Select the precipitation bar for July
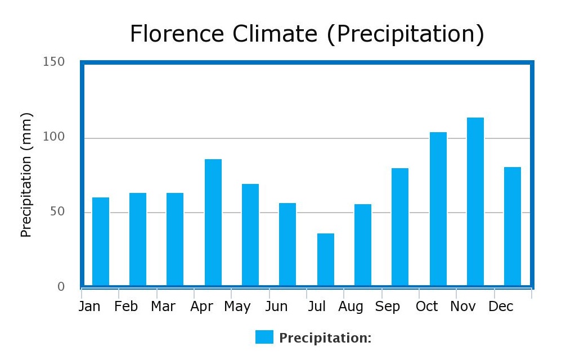[x=325, y=259]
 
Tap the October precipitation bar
[x=438, y=209]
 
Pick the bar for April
[x=213, y=222]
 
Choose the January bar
[x=100, y=241]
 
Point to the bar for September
[x=399, y=227]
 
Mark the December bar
[x=512, y=226]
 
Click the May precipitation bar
[x=250, y=235]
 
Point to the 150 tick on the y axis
[x=53, y=62]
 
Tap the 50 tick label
[x=56, y=212]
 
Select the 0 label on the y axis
[x=61, y=287]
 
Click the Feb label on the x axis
[x=125, y=307]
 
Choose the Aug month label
[x=351, y=307]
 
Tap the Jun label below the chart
[x=276, y=307]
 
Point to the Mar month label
[x=163, y=307]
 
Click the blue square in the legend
[x=264, y=337]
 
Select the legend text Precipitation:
[x=325, y=338]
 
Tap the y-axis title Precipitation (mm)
[x=26, y=174]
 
